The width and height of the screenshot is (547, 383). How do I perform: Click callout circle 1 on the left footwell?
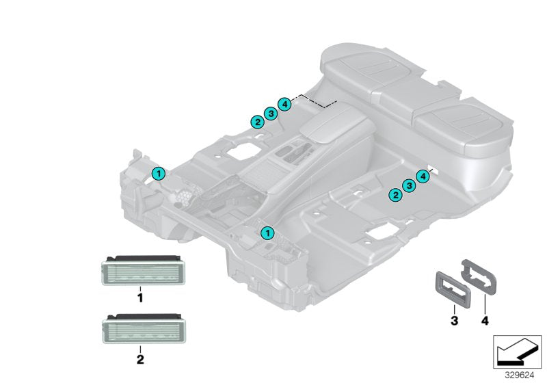click(158, 174)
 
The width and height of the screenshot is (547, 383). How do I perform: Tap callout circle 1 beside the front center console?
click(267, 233)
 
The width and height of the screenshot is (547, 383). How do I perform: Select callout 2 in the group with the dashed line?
click(257, 122)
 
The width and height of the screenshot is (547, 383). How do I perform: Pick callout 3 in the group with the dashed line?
click(271, 114)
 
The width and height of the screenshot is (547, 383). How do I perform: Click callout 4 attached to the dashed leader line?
click(284, 105)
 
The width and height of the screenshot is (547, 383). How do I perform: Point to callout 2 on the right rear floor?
click(395, 195)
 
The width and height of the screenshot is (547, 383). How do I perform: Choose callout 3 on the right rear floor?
click(409, 185)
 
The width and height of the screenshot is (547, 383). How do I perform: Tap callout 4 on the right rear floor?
click(423, 176)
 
